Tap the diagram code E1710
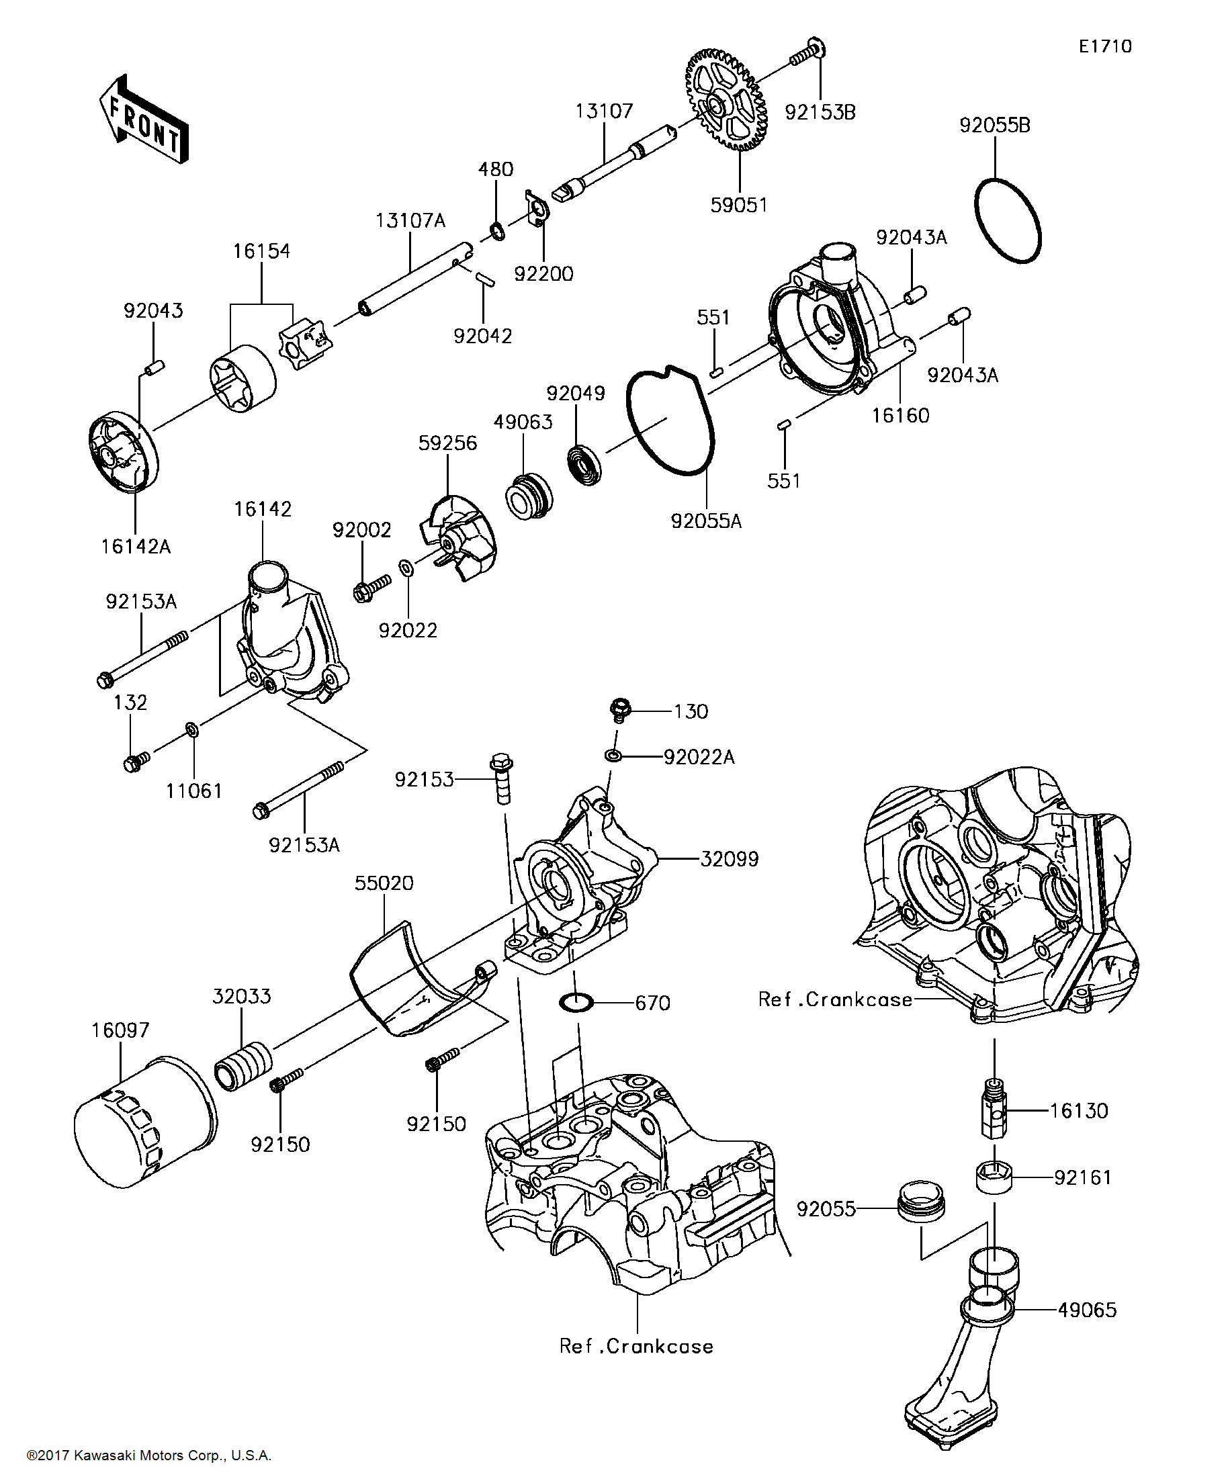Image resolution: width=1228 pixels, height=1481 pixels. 1105,46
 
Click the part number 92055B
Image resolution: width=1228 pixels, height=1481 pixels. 994,126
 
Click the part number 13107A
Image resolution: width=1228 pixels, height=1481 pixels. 410,221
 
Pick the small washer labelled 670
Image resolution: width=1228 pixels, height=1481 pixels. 576,1001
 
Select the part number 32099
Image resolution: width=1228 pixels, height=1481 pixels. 730,859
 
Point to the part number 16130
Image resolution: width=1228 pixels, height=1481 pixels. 1078,1111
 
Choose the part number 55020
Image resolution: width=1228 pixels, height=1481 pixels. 384,883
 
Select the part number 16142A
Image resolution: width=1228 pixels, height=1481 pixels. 136,547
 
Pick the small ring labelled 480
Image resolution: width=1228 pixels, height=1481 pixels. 498,230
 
